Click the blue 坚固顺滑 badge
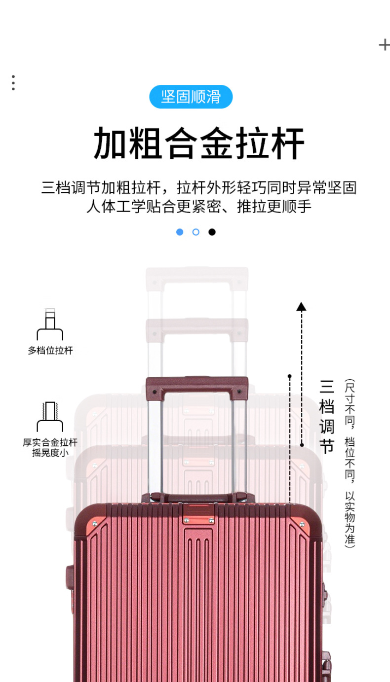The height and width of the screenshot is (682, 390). pyautogui.click(x=191, y=97)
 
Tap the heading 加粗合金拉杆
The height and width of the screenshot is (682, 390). pyautogui.click(x=199, y=144)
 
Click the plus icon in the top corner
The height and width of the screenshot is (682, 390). pyautogui.click(x=384, y=45)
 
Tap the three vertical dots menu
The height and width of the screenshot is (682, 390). pyautogui.click(x=13, y=83)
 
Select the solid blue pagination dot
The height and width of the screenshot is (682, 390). pyautogui.click(x=180, y=232)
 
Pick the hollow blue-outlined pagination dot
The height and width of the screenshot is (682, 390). pyautogui.click(x=196, y=232)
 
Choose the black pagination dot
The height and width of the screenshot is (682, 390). pyautogui.click(x=212, y=232)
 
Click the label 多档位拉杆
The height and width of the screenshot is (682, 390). pyautogui.click(x=50, y=351)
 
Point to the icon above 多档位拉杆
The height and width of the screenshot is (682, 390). pyautogui.click(x=50, y=324)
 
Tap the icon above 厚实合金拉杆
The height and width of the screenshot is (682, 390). pyautogui.click(x=50, y=417)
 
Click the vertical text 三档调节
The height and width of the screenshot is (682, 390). pyautogui.click(x=327, y=416)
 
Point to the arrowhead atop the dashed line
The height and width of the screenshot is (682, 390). pyautogui.click(x=301, y=307)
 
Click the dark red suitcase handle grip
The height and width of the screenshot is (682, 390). pyautogui.click(x=197, y=384)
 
